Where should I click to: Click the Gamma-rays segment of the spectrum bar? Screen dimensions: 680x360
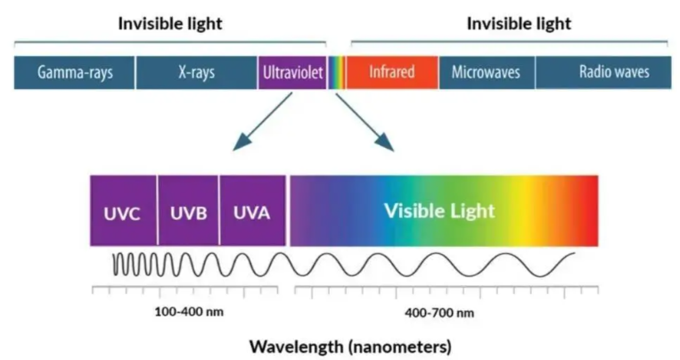[74, 72]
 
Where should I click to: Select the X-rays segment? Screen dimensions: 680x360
[196, 72]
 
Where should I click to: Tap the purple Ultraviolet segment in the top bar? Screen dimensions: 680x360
[292, 72]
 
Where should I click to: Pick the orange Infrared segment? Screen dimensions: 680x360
[392, 72]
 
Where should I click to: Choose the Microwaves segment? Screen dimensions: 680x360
[487, 72]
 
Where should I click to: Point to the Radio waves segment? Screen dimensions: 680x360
[603, 72]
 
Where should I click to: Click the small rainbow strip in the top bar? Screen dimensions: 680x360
[337, 72]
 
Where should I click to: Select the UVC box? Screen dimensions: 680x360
[123, 211]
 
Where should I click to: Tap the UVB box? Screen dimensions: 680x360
[188, 211]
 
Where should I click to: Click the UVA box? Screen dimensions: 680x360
[252, 211]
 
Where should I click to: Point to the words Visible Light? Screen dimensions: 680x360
[439, 211]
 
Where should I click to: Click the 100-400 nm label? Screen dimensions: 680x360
[189, 311]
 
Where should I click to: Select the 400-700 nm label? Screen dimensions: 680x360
[439, 313]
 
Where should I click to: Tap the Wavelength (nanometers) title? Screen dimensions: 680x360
[350, 347]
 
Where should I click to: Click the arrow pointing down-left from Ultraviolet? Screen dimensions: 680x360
[262, 122]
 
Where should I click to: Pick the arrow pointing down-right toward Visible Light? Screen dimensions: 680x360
[365, 122]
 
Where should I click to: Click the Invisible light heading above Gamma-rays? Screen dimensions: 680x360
[170, 23]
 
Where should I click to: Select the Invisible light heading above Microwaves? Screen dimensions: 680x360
[519, 23]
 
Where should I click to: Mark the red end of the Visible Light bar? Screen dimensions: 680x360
[592, 211]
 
